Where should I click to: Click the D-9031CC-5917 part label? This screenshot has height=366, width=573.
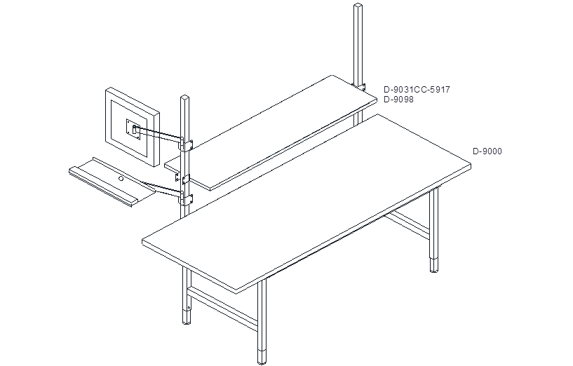[x=417, y=90]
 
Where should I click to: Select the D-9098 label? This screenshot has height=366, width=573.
[x=398, y=100]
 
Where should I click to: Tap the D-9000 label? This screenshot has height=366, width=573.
[x=487, y=151]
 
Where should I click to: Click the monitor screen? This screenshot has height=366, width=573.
[x=133, y=127]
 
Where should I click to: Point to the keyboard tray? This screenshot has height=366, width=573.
[x=113, y=182]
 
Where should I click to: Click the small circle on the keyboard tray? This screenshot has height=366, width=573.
[x=121, y=179]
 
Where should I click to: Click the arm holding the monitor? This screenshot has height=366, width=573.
[x=159, y=133]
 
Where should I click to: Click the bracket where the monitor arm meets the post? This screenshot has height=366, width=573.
[x=186, y=144]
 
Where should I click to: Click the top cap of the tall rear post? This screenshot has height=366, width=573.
[x=358, y=6]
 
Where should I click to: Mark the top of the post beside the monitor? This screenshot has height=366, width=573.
[x=186, y=97]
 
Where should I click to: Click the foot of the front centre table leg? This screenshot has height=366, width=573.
[x=262, y=357]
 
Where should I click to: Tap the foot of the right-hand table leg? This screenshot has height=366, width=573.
[x=433, y=265]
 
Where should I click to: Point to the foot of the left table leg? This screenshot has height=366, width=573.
[x=187, y=317]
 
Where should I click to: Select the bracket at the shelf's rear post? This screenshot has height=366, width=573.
[x=360, y=87]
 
